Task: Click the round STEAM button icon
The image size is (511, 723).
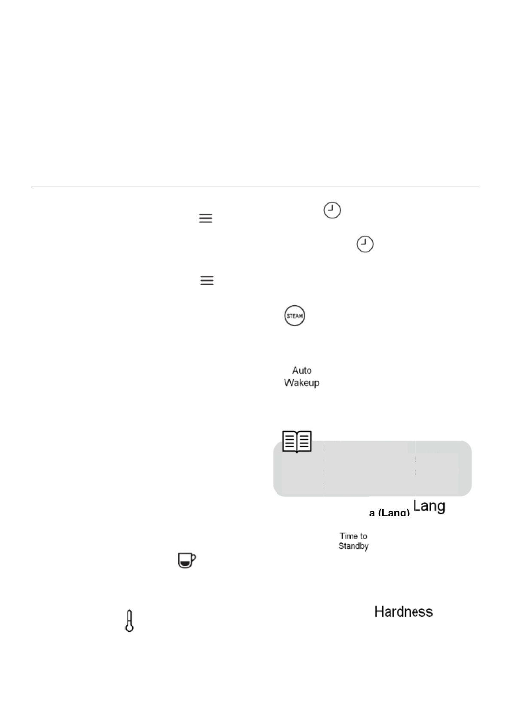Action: click(x=295, y=316)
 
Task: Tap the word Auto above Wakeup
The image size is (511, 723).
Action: click(x=301, y=370)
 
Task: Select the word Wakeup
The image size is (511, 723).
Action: click(x=301, y=383)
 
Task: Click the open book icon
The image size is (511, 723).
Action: click(x=297, y=441)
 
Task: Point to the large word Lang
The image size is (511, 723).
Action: click(x=429, y=506)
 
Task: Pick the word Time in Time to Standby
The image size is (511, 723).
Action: click(x=347, y=536)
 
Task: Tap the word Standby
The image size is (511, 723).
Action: click(x=353, y=546)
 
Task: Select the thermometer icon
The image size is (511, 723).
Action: click(x=129, y=620)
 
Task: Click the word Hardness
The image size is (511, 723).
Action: click(x=403, y=612)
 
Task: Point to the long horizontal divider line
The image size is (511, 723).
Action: click(x=255, y=186)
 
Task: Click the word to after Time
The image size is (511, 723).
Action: click(x=363, y=536)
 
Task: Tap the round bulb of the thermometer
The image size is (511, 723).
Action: click(x=129, y=628)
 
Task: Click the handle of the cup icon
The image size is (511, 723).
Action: click(x=193, y=558)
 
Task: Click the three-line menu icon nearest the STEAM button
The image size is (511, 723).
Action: click(x=207, y=281)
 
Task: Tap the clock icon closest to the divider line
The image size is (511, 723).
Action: click(x=332, y=211)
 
